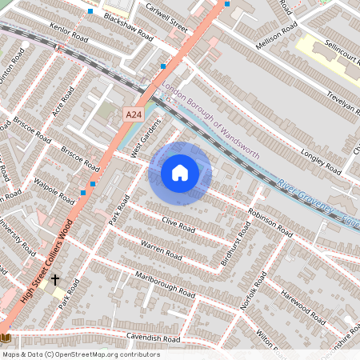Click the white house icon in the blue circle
(180, 172)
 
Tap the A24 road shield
(134, 116)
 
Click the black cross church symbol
(54, 279)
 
